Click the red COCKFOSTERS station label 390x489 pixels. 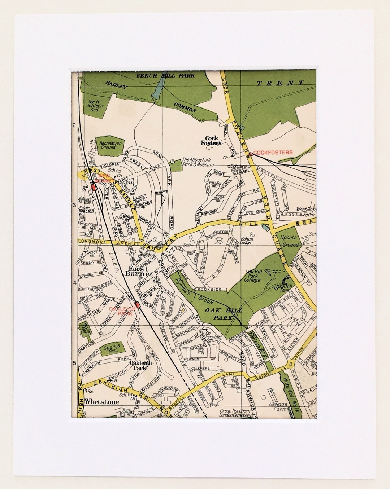click(x=273, y=153)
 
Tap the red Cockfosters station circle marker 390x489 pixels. click(x=251, y=154)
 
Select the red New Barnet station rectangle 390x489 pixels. click(x=93, y=188)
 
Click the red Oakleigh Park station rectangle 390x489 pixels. click(x=138, y=305)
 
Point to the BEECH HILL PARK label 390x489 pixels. click(x=165, y=76)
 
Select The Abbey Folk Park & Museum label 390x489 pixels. click(x=198, y=162)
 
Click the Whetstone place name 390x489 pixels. click(x=101, y=402)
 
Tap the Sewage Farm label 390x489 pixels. click(x=278, y=406)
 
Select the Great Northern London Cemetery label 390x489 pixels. click(x=235, y=413)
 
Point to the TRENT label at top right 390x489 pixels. click(x=280, y=83)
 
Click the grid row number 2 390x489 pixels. click(x=74, y=125)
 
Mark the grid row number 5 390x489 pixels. click(x=74, y=363)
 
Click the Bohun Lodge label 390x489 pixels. click(x=247, y=241)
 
